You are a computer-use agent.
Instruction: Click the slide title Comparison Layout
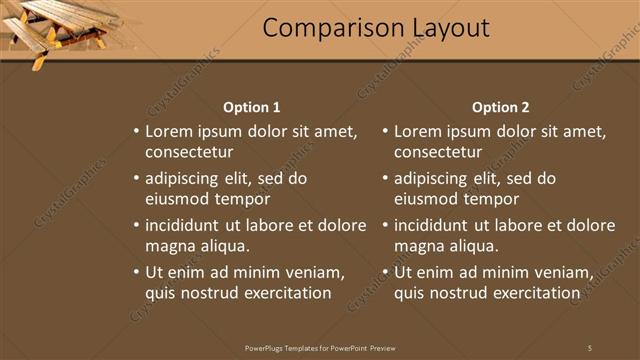point(376,28)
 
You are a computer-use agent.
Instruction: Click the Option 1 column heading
point(251,107)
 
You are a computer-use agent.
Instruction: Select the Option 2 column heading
point(501,107)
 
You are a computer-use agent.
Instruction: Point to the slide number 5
point(590,348)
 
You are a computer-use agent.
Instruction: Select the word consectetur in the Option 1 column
point(189,153)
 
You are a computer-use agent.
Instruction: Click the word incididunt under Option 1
point(184,225)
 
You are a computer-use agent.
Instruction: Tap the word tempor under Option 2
point(474,199)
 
